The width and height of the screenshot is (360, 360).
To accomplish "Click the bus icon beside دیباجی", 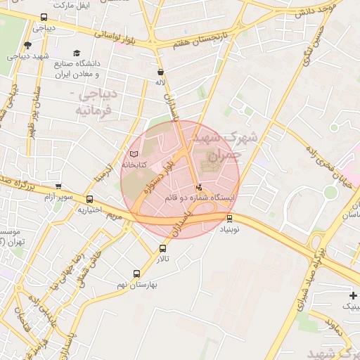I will [44, 17].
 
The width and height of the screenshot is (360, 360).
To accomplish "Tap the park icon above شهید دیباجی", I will [28, 46].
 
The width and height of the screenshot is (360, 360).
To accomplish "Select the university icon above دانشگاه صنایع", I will [77, 53].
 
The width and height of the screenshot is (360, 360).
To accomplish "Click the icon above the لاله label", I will [161, 72].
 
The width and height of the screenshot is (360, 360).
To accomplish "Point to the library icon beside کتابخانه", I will [134, 154].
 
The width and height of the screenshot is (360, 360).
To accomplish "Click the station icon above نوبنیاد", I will [229, 218].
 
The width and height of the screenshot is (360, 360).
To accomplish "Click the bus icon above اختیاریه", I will [89, 200].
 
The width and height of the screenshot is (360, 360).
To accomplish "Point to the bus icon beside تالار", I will [164, 248].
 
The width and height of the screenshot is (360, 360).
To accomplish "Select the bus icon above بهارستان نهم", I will [137, 274].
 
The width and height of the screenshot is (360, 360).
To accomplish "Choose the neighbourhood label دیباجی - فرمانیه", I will [101, 101].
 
